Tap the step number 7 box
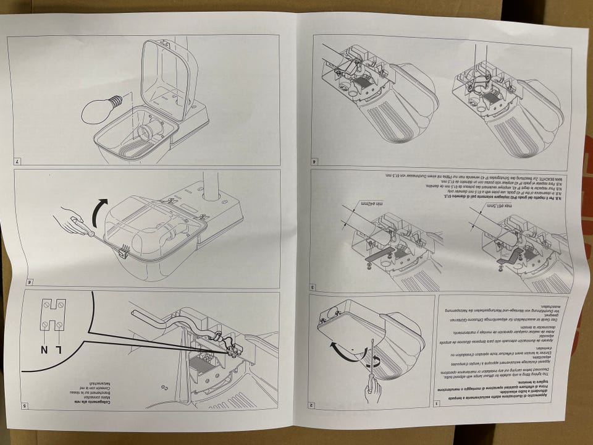[x=17, y=162]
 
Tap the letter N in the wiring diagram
[x=44, y=350]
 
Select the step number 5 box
[x=23, y=406]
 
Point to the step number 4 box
[x=315, y=162]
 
